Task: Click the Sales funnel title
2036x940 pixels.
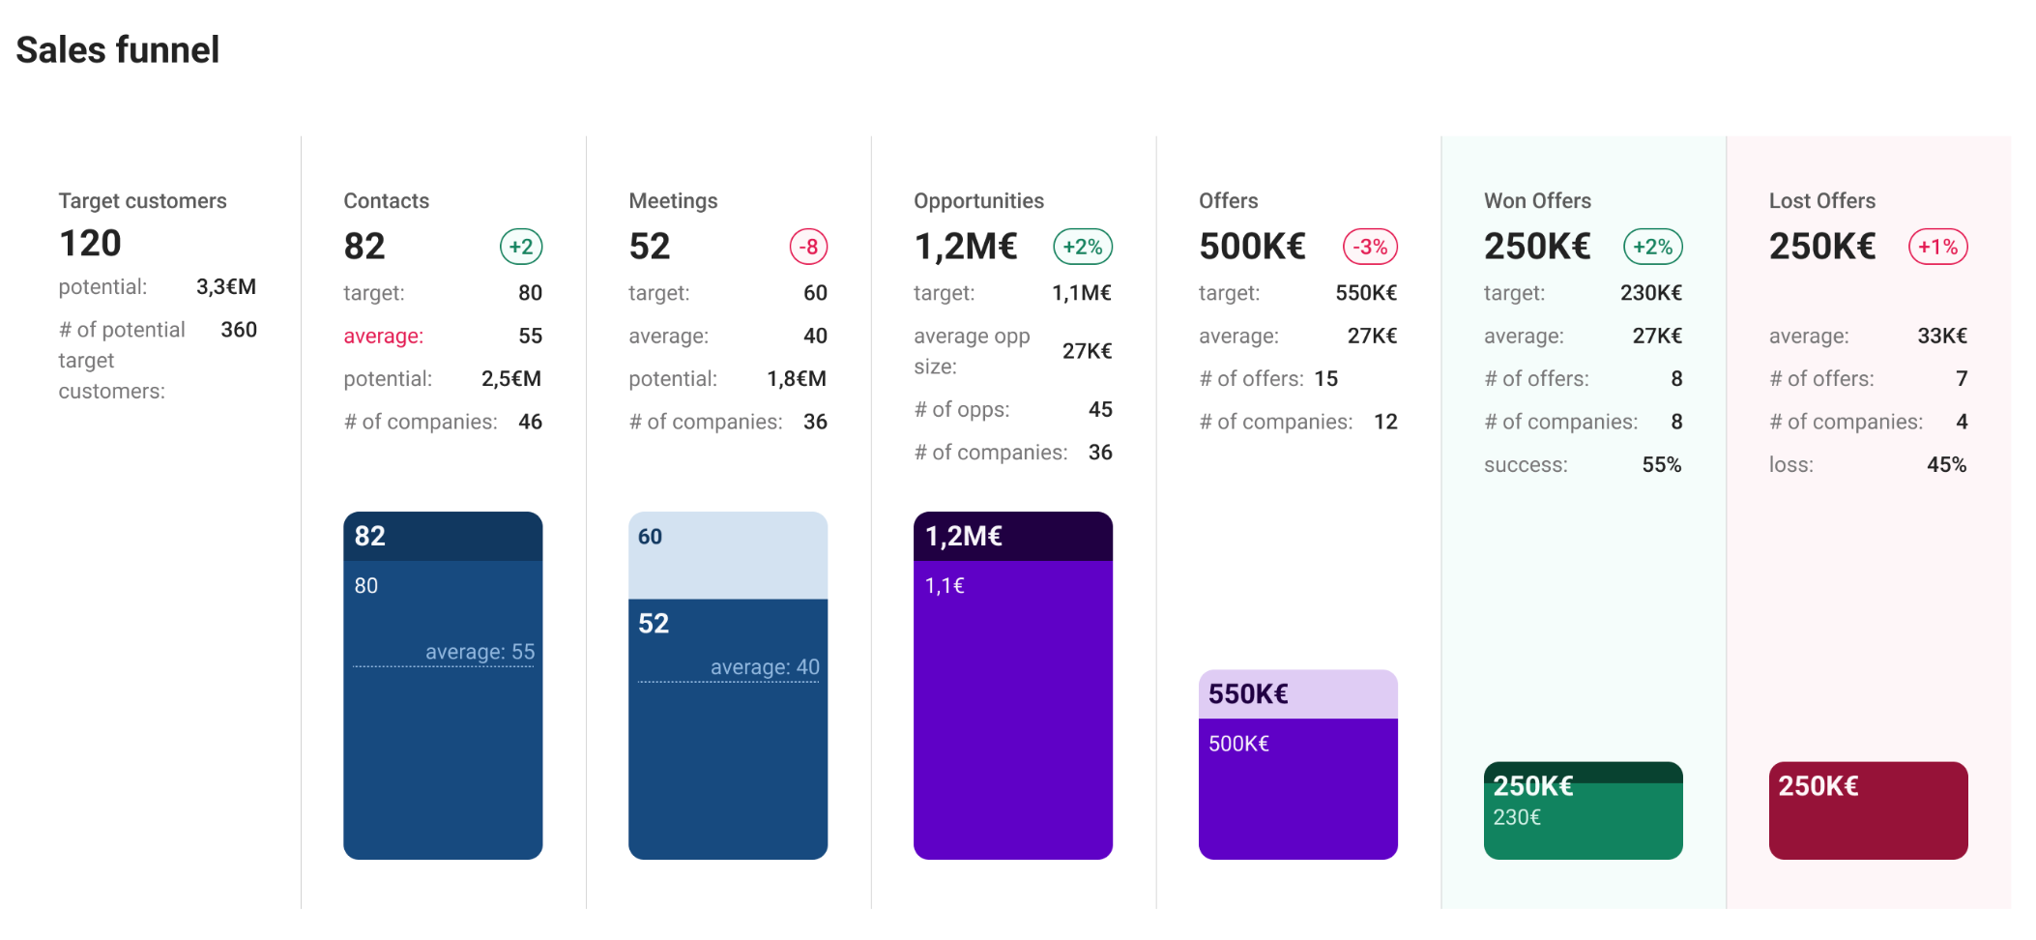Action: (x=118, y=50)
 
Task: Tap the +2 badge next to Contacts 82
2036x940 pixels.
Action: (x=521, y=247)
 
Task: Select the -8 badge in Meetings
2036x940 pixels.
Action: (x=808, y=247)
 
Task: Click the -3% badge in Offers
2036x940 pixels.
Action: (x=1370, y=247)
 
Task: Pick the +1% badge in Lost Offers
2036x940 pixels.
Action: (x=1937, y=247)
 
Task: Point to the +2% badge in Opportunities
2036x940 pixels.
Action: (x=1083, y=247)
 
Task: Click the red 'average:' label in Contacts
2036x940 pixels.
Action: (x=383, y=337)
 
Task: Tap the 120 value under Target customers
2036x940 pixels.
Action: (x=90, y=244)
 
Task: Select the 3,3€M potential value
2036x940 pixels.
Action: (x=226, y=287)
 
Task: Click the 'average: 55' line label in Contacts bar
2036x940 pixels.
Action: (x=480, y=652)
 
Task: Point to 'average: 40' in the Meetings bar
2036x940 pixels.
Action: (x=765, y=667)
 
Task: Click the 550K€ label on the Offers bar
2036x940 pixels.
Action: (x=1248, y=694)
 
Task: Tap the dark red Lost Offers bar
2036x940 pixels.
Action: (x=1868, y=822)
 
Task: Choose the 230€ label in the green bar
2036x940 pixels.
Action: (x=1517, y=818)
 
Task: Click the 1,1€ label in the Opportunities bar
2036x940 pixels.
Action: (x=945, y=586)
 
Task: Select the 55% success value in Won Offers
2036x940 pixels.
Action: (x=1661, y=465)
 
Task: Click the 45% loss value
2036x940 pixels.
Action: (x=1946, y=465)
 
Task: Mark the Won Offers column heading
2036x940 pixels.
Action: (x=1537, y=201)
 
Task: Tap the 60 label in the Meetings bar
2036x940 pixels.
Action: (x=650, y=538)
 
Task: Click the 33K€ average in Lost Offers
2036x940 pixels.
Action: (x=1941, y=337)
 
